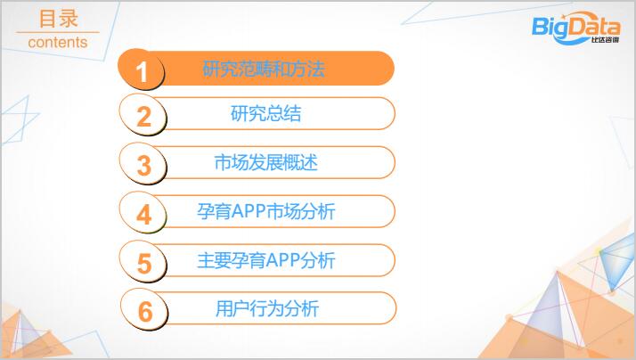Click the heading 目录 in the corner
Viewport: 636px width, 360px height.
point(58,19)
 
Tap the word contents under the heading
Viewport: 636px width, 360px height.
point(58,42)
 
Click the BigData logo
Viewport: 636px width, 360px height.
point(576,28)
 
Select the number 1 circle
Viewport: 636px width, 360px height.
point(141,70)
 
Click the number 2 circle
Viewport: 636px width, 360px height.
point(143,115)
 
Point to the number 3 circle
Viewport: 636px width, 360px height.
point(143,164)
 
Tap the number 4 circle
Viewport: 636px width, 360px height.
point(143,212)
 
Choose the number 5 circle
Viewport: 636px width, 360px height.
point(143,261)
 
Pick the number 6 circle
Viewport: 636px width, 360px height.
point(144,309)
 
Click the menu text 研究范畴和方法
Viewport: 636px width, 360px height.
point(264,69)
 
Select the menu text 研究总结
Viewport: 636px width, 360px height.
point(266,113)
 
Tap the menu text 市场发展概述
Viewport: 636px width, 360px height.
point(265,162)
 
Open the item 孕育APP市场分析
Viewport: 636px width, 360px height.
point(266,211)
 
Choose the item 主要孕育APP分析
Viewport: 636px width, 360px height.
point(266,260)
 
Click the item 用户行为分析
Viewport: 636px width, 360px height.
point(267,308)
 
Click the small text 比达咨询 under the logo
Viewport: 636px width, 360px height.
point(605,40)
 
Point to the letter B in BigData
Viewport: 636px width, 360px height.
point(541,26)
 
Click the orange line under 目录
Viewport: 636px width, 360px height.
point(58,32)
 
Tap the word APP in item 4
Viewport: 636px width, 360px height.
point(249,211)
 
